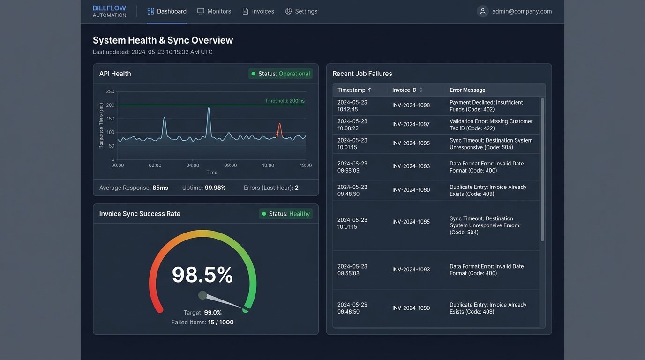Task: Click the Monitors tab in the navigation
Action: [214, 11]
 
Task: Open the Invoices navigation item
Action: [258, 11]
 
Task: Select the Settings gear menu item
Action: [301, 11]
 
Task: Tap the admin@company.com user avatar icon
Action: [482, 11]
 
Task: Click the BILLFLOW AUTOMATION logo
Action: [109, 11]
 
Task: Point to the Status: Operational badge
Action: [280, 74]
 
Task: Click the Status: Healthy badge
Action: [285, 214]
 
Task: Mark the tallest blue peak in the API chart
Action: [209, 109]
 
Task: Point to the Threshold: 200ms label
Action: [285, 101]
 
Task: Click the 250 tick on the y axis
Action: [110, 91]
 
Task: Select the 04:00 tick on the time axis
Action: [193, 165]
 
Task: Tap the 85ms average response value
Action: [160, 187]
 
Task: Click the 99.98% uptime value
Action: [215, 187]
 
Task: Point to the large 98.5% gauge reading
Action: [202, 275]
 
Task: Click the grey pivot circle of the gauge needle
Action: [202, 295]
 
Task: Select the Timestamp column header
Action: [354, 90]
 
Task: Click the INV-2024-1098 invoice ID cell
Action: [411, 105]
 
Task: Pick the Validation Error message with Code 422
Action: [491, 125]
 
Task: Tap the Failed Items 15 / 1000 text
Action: [202, 322]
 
